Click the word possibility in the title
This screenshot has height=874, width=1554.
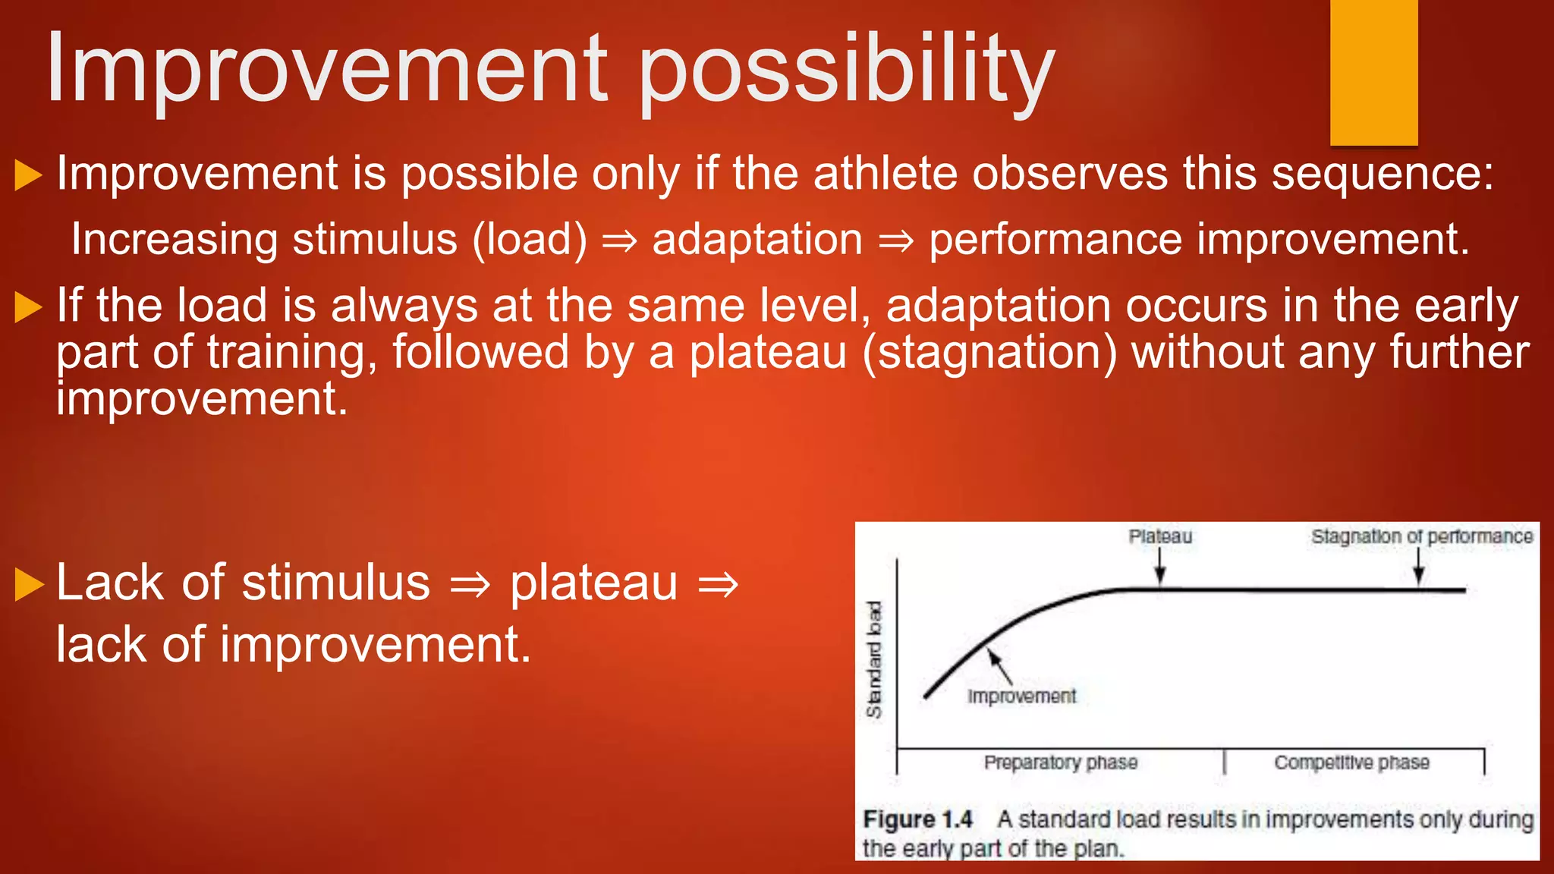point(846,72)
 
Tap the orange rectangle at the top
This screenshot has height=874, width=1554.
point(1373,72)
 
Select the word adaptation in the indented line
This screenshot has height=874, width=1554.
point(757,240)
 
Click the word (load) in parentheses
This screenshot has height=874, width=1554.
point(530,240)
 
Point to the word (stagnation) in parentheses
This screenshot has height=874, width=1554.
point(989,353)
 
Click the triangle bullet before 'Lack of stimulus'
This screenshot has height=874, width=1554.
point(28,584)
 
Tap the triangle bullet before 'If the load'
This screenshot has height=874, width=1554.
point(28,307)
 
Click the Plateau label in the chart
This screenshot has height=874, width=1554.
point(1160,536)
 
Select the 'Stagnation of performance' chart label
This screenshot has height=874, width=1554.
point(1422,536)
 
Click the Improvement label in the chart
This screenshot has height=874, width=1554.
point(1021,696)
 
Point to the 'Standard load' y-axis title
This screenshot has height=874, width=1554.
point(875,659)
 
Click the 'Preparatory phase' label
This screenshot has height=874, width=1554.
point(1061,762)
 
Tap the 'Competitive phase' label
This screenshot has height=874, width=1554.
point(1351,762)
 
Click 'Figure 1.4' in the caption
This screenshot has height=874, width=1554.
point(917,819)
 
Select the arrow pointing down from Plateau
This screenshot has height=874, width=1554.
point(1159,567)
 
